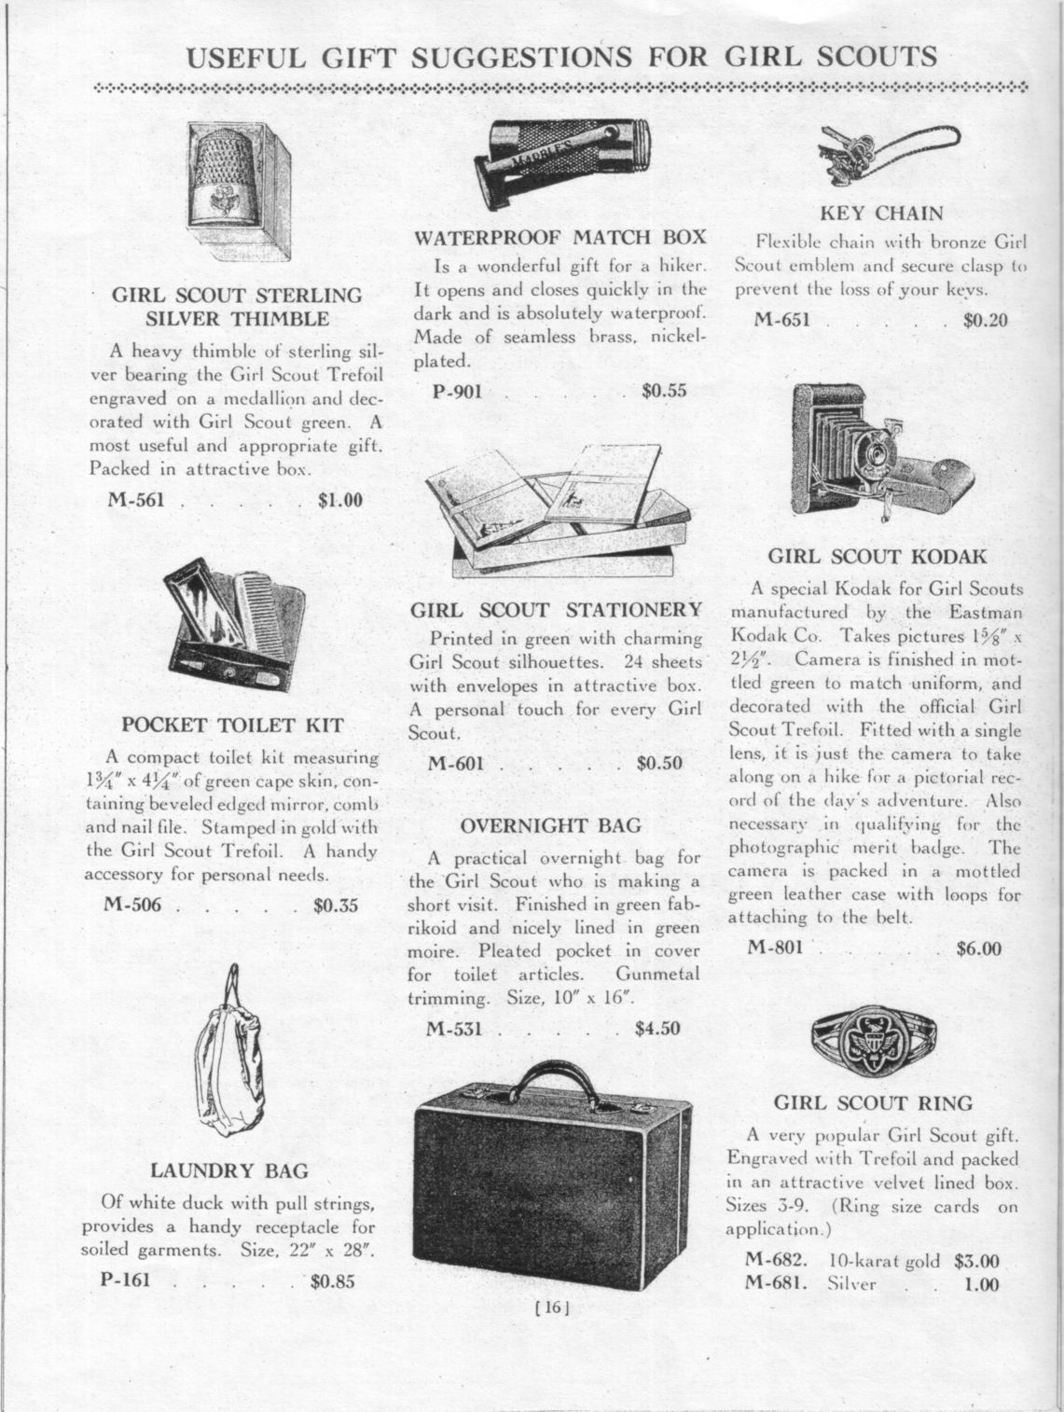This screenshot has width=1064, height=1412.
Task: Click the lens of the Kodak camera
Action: (877, 454)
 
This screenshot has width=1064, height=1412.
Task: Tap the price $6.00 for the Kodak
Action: (978, 949)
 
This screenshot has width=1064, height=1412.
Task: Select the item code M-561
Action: (136, 500)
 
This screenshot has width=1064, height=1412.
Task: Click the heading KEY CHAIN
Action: (881, 214)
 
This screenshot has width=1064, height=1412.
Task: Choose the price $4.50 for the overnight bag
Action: (657, 1030)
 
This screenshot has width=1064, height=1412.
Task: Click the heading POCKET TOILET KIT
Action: (233, 725)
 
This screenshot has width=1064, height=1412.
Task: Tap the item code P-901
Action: (457, 391)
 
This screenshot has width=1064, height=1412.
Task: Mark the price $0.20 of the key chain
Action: (986, 321)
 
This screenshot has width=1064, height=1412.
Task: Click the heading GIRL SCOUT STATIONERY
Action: (557, 610)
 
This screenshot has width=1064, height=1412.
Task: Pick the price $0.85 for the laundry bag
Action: (333, 1280)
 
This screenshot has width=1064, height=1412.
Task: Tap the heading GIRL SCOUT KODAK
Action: (877, 558)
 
